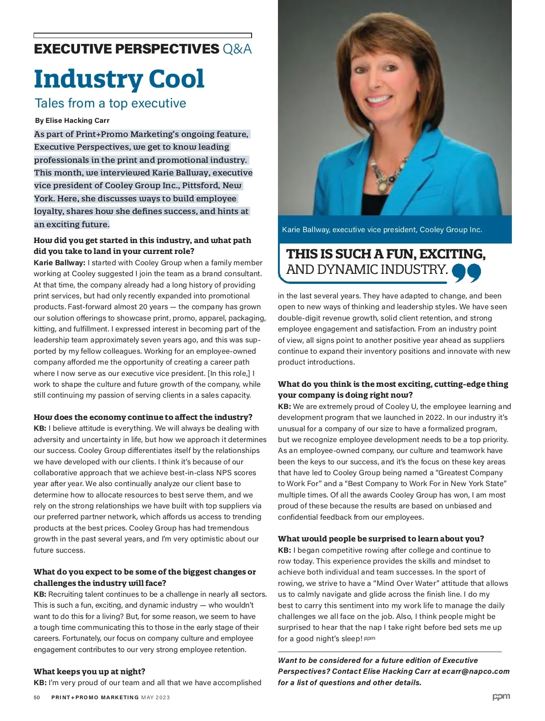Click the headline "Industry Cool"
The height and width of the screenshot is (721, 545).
(119, 79)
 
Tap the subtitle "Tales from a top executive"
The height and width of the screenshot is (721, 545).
(110, 103)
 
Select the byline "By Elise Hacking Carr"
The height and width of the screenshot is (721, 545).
(72, 121)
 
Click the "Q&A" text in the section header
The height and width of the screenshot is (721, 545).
(237, 49)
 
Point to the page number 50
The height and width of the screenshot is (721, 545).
(37, 697)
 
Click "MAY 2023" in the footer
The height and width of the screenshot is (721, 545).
(155, 697)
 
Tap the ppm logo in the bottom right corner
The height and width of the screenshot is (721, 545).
(501, 697)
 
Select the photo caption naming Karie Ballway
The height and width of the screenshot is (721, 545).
(382, 229)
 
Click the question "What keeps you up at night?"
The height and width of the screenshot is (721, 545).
(89, 672)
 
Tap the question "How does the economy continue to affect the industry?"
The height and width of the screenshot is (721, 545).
(143, 417)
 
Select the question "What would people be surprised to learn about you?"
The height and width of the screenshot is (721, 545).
(381, 539)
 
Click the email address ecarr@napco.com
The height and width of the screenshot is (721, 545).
(476, 672)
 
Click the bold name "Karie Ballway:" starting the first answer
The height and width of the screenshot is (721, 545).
(59, 263)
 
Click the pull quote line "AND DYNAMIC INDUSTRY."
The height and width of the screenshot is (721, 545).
(367, 269)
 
